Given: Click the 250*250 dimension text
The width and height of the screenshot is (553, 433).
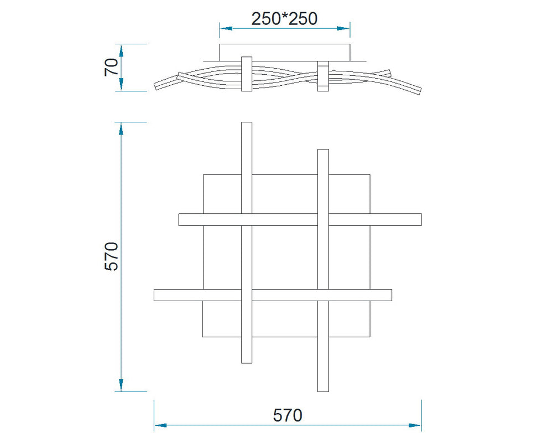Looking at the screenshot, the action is (x=284, y=19).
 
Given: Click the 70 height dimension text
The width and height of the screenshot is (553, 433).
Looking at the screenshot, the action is (x=112, y=67).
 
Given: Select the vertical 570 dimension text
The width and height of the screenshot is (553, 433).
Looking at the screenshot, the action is (x=112, y=256).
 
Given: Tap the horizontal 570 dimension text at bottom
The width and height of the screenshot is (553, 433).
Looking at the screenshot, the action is (x=288, y=415).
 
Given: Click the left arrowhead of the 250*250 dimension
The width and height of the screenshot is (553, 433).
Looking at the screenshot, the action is (x=226, y=28).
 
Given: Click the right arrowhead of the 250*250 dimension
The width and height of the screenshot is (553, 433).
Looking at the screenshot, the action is (x=343, y=28).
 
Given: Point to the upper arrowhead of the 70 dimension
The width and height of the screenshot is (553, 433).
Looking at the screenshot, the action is (x=121, y=50).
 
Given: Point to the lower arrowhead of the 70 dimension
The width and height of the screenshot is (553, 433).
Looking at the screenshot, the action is (x=121, y=84).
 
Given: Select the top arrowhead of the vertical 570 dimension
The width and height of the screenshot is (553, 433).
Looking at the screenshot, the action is (x=121, y=128).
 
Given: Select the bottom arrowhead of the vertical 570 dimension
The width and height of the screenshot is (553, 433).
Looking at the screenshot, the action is (x=121, y=385).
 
